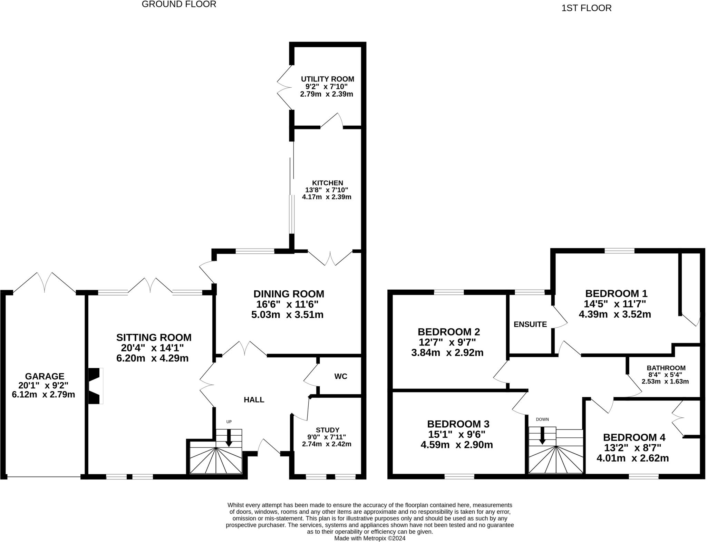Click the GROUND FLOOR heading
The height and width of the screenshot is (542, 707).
point(179,4)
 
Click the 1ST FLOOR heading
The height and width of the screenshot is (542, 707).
point(586,8)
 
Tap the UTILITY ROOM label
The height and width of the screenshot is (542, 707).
point(327,79)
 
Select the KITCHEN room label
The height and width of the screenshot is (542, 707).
point(327,183)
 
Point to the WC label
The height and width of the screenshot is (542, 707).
point(340,377)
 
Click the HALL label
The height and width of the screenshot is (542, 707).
point(254,400)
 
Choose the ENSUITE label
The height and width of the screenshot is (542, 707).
point(530,325)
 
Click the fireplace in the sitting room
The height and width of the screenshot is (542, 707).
point(96,386)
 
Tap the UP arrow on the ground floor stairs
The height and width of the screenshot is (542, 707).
point(229,438)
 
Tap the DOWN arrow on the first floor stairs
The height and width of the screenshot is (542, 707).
point(542,436)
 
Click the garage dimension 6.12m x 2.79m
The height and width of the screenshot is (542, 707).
point(43,394)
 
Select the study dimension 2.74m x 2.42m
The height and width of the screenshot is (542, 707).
point(327,444)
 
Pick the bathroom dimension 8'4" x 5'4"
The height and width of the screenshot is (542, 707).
point(665,375)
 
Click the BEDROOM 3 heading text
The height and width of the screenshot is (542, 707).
point(458,424)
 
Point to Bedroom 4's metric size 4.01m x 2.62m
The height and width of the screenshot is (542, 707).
point(632,458)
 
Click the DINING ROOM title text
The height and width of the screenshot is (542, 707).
point(289,294)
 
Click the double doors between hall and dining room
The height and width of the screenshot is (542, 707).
point(244,349)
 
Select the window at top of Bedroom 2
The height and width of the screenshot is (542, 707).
point(448,292)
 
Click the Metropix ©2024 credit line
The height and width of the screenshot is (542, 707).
point(370,538)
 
